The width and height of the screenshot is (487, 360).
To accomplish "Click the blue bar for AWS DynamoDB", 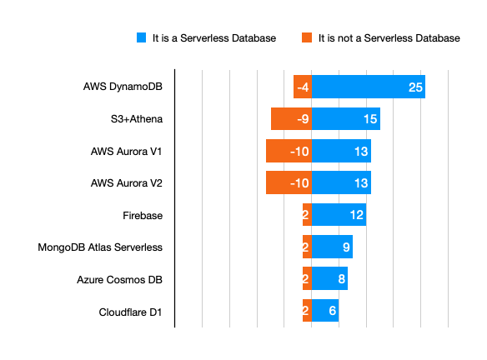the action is coord(369,87).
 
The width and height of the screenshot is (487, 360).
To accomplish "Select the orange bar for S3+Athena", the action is coord(291,119).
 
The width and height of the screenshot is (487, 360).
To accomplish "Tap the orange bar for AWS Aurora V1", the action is coord(289,151).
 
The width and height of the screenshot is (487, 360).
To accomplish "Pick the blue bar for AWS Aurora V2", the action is coord(341,182).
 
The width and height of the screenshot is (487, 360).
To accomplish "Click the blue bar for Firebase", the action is coord(339,214).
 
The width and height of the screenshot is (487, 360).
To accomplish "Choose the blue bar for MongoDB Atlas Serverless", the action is coord(333,247).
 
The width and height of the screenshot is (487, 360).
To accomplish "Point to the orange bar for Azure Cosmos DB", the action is coord(307,278).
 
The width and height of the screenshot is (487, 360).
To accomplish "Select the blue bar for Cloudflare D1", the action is coord(325,310).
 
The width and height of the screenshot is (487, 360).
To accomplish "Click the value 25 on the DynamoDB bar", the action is coord(415,87).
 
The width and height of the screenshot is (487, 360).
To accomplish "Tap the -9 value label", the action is coord(303,119).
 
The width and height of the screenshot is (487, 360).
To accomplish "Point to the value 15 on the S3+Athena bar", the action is coord(370,119).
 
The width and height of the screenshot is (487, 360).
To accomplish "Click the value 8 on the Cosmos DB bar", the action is coord(341,279).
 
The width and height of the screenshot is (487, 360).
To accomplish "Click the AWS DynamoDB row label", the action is coord(123,87).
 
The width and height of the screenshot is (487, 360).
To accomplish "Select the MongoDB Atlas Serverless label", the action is coord(100,247).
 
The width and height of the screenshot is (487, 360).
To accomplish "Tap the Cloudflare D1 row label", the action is coord(130,312).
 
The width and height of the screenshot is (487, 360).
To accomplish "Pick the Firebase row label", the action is coord(143,215).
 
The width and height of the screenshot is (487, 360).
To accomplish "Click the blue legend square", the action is coord(141,37).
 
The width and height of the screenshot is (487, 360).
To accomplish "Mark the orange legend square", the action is coord(307,37).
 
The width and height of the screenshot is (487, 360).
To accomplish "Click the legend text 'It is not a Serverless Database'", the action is coord(389,38).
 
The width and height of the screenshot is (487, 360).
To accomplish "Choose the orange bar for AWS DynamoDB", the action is coord(303,87).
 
